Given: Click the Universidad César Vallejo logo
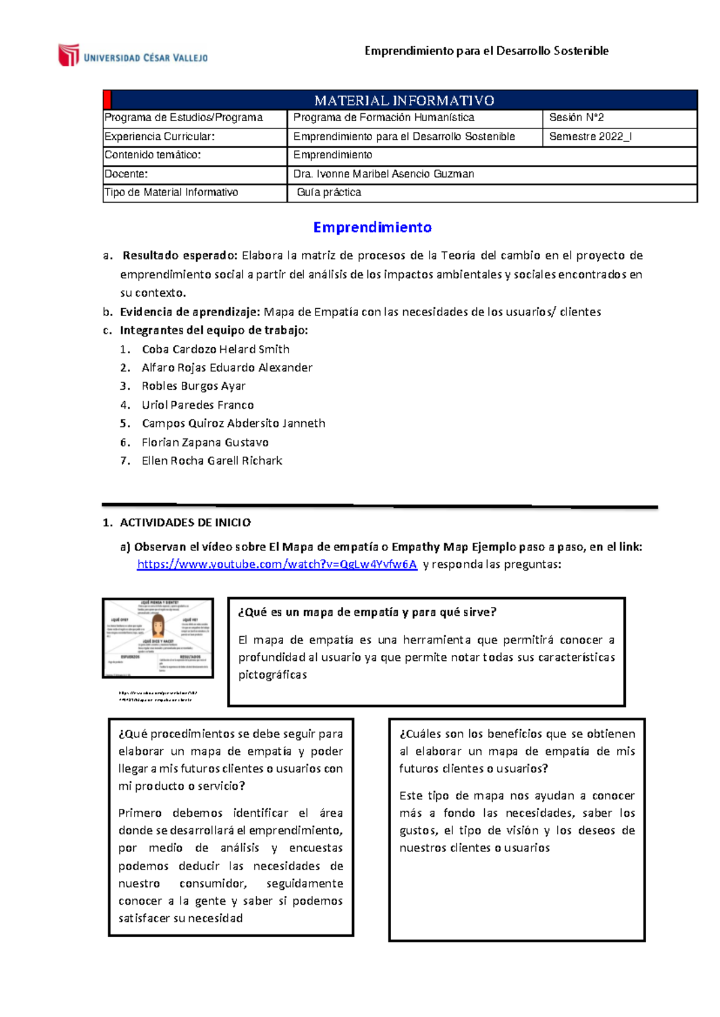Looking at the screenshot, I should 133,56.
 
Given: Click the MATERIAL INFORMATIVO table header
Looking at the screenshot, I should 404,100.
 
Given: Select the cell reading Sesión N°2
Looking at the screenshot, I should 576,118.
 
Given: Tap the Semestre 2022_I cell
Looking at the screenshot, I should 590,137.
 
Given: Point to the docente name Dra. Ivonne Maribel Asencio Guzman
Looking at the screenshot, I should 383,174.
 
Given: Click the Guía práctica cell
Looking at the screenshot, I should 329,192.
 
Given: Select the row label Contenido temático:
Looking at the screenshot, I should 152,155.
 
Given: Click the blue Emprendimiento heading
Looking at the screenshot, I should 372,227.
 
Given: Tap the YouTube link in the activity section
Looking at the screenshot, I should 277,564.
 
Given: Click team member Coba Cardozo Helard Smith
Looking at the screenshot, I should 215,349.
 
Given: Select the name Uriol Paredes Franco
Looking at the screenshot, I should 197,405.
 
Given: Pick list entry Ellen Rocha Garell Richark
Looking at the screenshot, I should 212,461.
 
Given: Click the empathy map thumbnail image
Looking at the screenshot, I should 158,637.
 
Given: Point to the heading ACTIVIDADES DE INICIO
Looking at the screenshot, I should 185,522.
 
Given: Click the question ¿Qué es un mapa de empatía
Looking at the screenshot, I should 367,612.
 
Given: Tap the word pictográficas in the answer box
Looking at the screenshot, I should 272,675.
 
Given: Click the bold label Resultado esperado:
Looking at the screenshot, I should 179,255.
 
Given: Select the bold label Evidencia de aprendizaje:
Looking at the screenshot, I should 190,312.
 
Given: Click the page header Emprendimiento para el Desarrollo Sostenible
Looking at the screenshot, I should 486,51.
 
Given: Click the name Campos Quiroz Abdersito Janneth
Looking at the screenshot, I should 233,423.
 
